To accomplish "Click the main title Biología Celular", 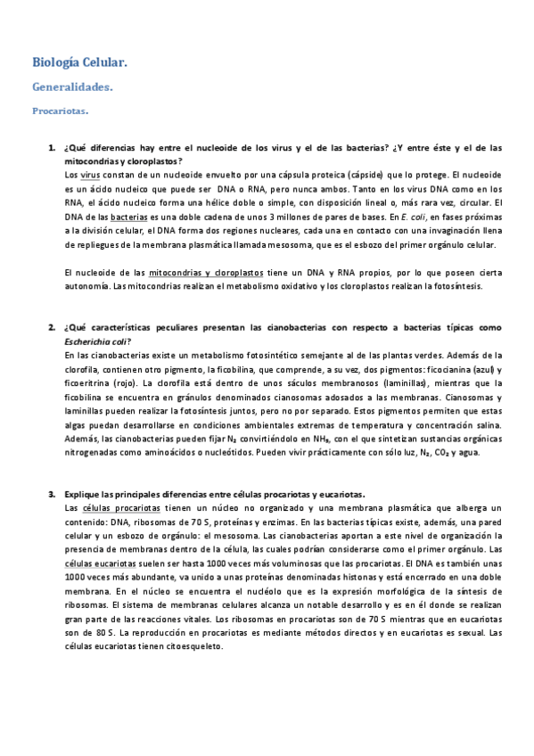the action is click(79, 62).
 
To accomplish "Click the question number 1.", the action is click(51, 147).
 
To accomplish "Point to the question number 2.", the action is click(51, 328).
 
